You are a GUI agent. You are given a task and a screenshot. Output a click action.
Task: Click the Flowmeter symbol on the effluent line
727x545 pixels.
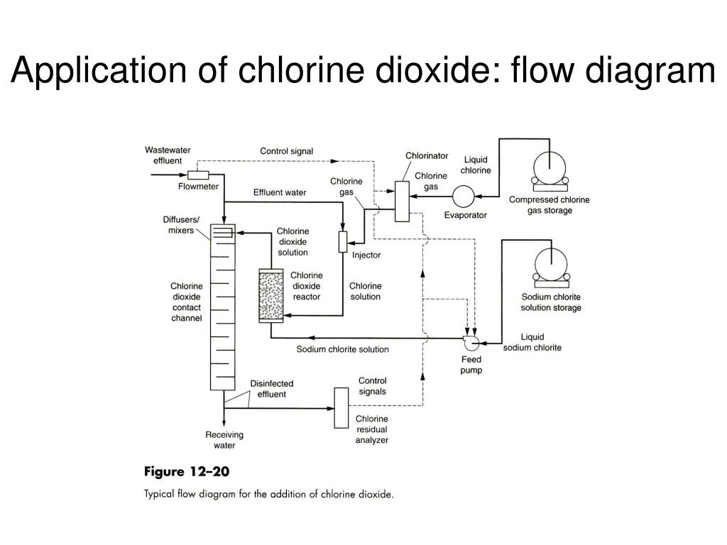pyautogui.click(x=198, y=175)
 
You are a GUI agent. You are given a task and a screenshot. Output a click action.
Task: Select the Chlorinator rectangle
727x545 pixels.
pyautogui.click(x=402, y=201)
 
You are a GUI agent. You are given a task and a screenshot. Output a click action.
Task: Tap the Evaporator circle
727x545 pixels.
pyautogui.click(x=464, y=197)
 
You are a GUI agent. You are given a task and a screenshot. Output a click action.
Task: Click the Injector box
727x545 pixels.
pyautogui.click(x=343, y=241)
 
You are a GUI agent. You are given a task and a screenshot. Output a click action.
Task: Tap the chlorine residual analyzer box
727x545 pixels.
pyautogui.click(x=342, y=407)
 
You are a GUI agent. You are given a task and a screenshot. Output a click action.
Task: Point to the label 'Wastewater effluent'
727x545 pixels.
pyautogui.click(x=168, y=155)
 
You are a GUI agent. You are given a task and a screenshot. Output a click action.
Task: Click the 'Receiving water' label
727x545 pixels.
pyautogui.click(x=224, y=440)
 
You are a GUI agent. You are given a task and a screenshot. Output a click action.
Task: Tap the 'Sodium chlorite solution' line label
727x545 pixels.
pyautogui.click(x=342, y=349)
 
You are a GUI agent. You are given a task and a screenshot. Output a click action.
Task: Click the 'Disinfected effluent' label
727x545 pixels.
pyautogui.click(x=271, y=389)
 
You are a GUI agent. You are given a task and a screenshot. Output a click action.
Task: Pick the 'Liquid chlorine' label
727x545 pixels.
pyautogui.click(x=476, y=165)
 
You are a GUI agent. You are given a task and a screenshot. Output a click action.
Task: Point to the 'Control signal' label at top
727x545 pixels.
pyautogui.click(x=286, y=151)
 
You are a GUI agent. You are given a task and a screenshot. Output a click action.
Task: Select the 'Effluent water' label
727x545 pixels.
pyautogui.click(x=280, y=192)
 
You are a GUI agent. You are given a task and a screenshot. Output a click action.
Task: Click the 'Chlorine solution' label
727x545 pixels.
pyautogui.click(x=365, y=291)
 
